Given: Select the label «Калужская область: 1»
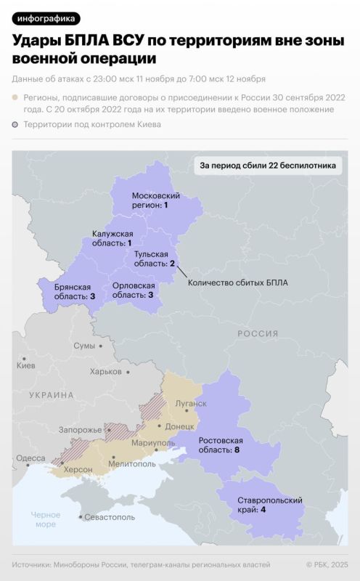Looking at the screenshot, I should [112, 238].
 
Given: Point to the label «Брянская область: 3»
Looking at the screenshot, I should [75, 292].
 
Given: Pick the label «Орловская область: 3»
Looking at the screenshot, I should [133, 290].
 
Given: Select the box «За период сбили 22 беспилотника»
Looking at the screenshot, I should [268, 166].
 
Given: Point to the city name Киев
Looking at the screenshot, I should [25, 365].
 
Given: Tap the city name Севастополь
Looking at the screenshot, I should [110, 517].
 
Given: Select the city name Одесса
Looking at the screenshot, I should [30, 458].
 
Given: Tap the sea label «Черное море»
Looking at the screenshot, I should [45, 519].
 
